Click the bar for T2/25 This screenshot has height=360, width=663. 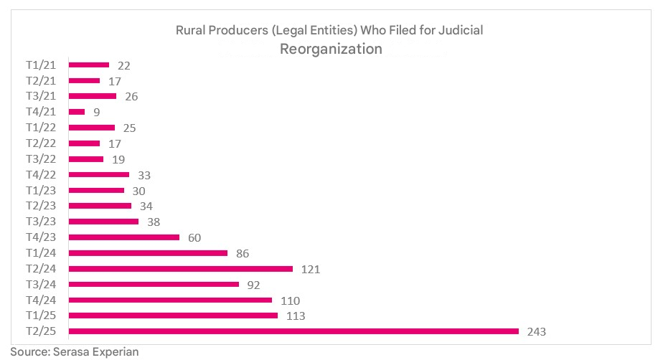[293, 331]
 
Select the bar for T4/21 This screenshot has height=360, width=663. [77, 112]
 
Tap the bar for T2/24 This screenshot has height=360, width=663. [180, 269]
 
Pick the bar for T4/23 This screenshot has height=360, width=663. [123, 237]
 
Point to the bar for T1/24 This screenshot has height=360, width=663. [148, 253]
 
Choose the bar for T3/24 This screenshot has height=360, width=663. [154, 285]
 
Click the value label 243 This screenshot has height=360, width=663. [537, 332]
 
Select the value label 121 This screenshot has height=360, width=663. [310, 270]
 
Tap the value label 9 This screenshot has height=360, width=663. [97, 112]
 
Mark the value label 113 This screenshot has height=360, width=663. [295, 316]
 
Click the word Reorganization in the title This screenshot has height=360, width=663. [331, 49]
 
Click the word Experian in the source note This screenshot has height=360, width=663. [113, 352]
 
